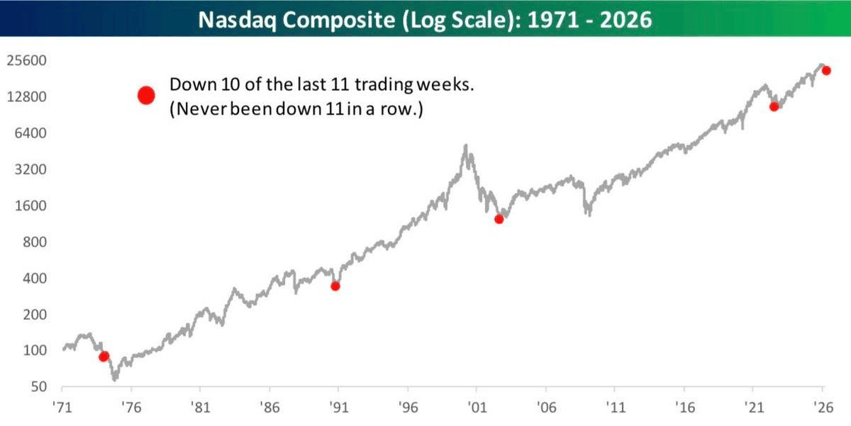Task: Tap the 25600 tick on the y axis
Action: tap(26, 61)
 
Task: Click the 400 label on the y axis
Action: tap(32, 279)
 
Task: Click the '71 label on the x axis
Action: tap(62, 409)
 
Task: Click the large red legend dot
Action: tap(146, 96)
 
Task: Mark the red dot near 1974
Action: tap(104, 356)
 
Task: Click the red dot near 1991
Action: tap(335, 286)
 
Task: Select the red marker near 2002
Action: tap(499, 219)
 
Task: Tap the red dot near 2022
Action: tap(774, 106)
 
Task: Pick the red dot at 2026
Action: tap(826, 70)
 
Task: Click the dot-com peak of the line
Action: tap(465, 146)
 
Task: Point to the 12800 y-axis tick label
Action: tap(26, 97)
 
